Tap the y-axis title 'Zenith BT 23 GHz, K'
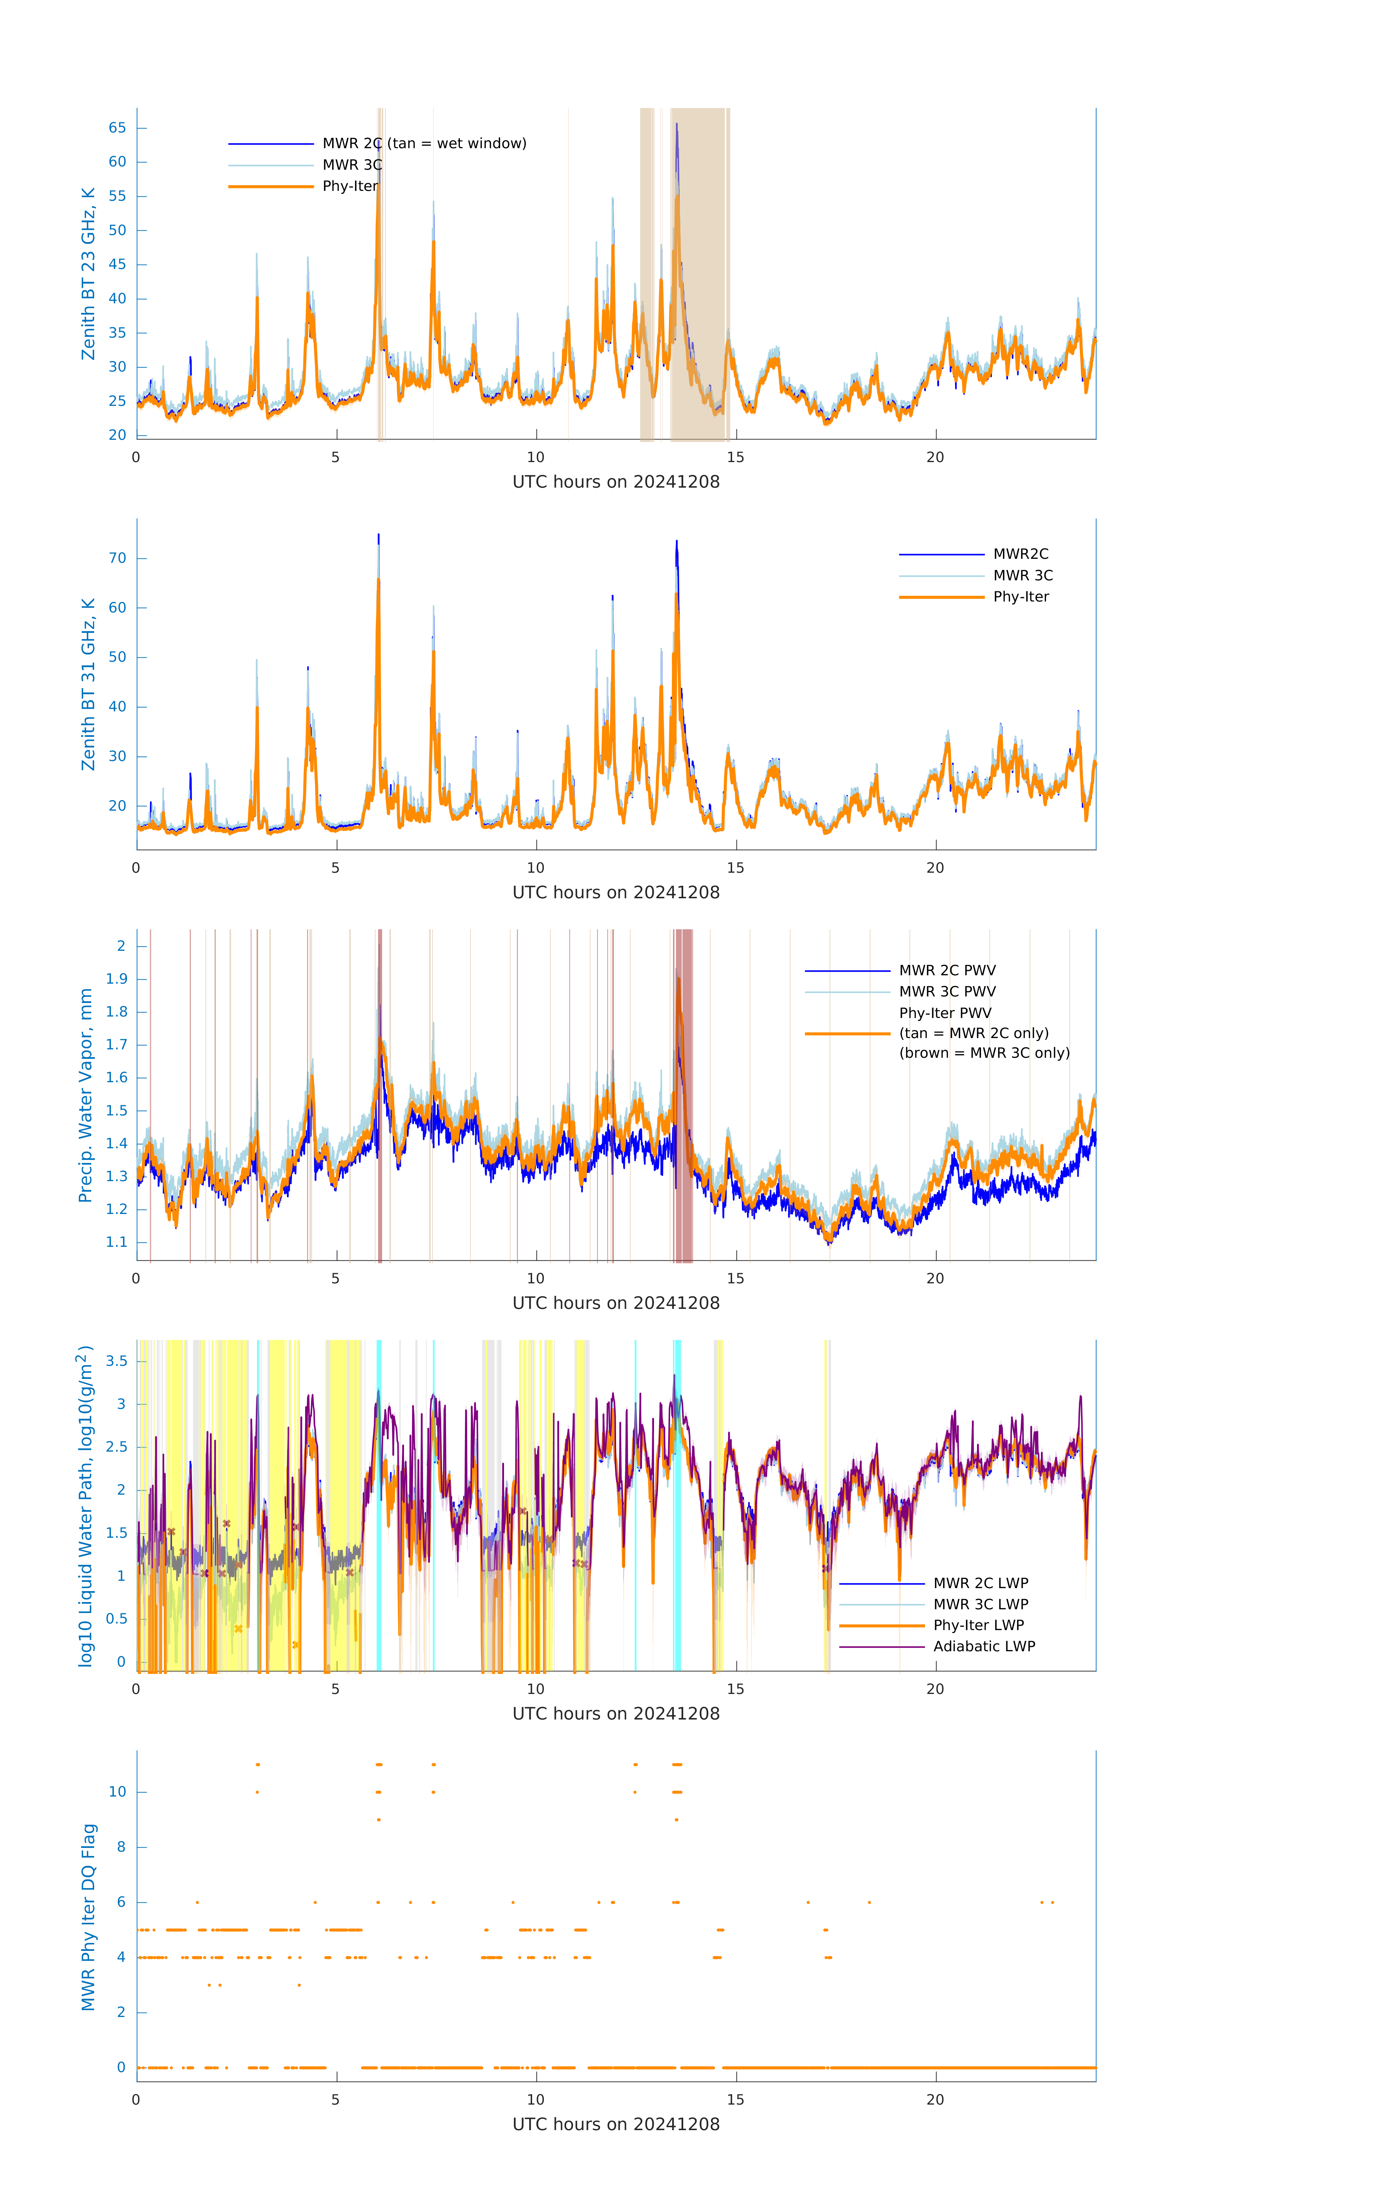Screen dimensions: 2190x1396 pyautogui.click(x=88, y=274)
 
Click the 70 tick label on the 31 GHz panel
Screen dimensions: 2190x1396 pyautogui.click(x=117, y=558)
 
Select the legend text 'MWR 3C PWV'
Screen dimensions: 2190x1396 pyautogui.click(x=947, y=991)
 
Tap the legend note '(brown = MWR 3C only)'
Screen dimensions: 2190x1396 pyautogui.click(x=984, y=1053)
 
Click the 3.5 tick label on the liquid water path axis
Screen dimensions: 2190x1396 pyautogui.click(x=116, y=1361)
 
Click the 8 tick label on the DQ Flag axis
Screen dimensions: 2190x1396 pyautogui.click(x=121, y=1847)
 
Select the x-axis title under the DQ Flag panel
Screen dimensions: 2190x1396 pyautogui.click(x=616, y=2125)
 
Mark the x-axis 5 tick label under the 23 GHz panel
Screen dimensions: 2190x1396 pyautogui.click(x=335, y=457)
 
